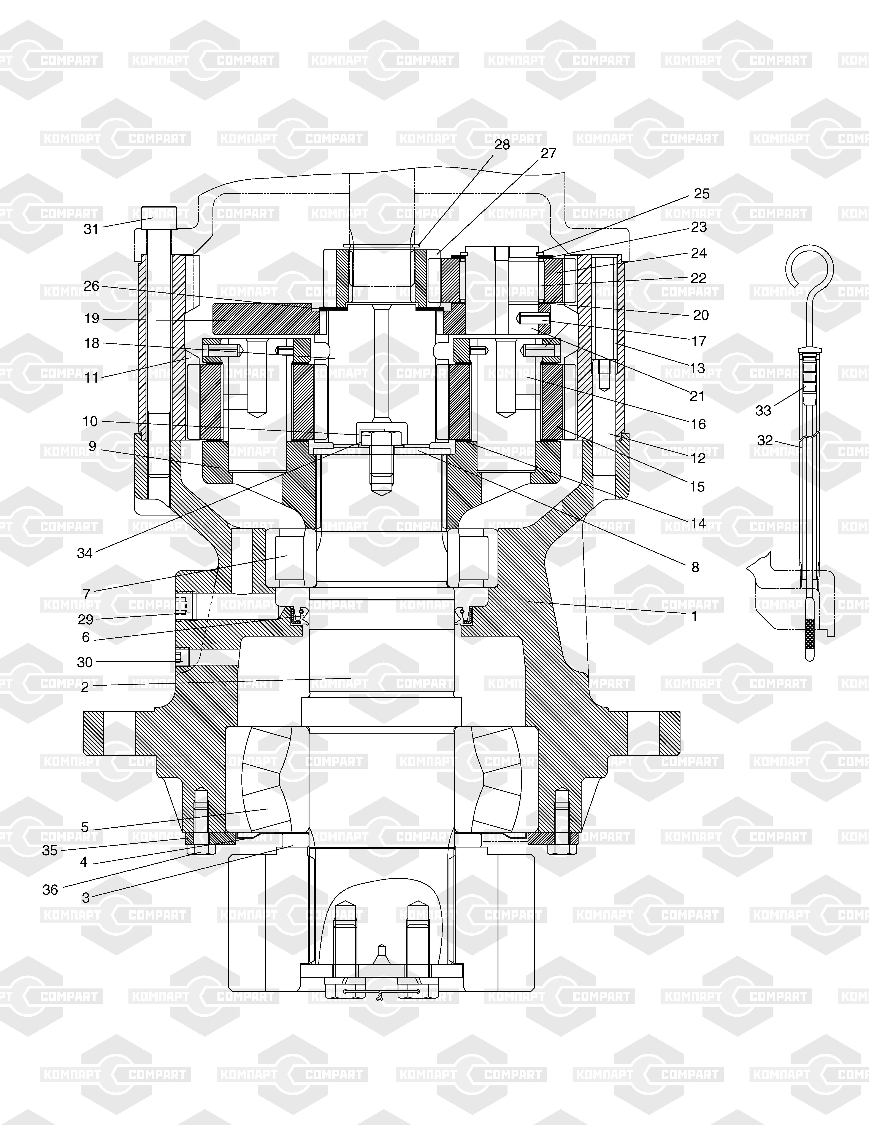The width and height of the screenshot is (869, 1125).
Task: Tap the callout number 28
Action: click(x=502, y=145)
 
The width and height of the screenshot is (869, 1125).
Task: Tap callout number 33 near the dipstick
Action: click(x=763, y=410)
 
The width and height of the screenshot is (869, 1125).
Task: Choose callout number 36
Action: click(x=50, y=890)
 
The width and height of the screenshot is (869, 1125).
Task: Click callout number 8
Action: click(x=695, y=567)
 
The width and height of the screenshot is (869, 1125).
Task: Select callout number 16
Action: click(x=698, y=424)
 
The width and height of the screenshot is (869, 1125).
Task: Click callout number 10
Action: click(x=90, y=421)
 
